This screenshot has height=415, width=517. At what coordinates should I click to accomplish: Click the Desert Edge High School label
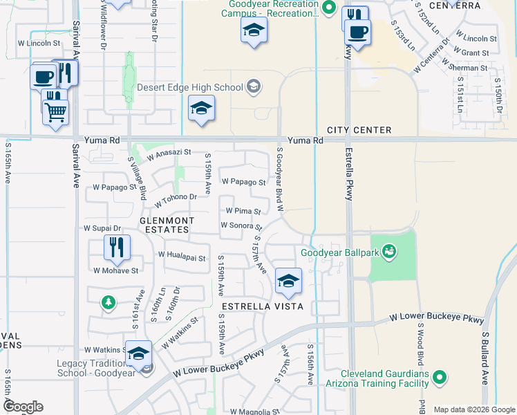[190, 87]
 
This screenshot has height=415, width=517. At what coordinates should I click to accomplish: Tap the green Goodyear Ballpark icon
[389, 250]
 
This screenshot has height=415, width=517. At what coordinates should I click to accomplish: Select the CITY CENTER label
[359, 130]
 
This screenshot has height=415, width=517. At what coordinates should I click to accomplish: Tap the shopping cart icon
[55, 111]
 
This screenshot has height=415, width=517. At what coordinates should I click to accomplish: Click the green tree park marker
[108, 302]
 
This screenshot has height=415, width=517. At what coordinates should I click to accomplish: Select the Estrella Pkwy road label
[349, 172]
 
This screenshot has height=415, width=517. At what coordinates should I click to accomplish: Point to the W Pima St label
[243, 211]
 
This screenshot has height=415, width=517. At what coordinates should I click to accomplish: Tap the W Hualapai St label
[182, 258]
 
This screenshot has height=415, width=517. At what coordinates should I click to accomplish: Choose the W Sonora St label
[241, 225]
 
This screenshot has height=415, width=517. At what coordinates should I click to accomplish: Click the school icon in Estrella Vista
[288, 280]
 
